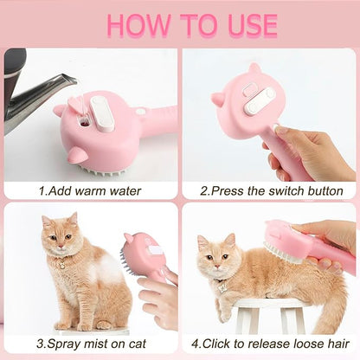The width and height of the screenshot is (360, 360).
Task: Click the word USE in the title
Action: [247, 24]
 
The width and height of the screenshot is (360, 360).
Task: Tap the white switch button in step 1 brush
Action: [102, 113]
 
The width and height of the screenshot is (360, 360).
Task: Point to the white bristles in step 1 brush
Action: [109, 168]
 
